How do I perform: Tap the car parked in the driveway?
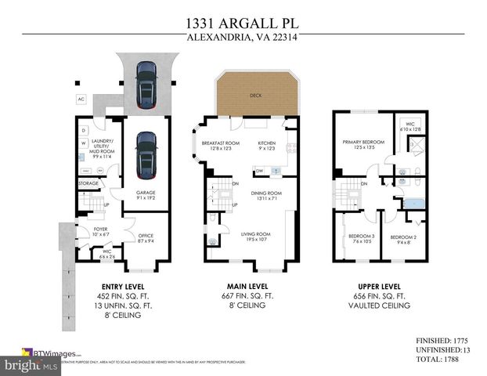(145, 84)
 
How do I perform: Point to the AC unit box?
(81, 99)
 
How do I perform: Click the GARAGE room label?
(146, 193)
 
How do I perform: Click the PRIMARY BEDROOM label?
(360, 143)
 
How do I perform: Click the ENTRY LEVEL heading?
(119, 287)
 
